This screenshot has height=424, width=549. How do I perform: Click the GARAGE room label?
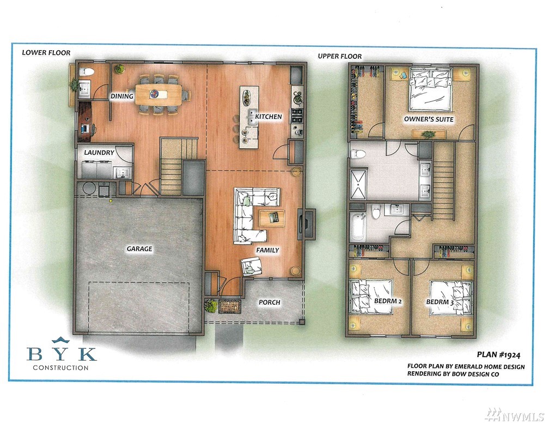(x=139, y=249)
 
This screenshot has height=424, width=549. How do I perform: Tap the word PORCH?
(x=269, y=302)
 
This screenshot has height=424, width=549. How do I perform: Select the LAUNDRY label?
(x=99, y=153)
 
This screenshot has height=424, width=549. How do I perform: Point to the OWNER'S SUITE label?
(x=429, y=119)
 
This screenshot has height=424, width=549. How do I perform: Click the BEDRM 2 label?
(x=388, y=301)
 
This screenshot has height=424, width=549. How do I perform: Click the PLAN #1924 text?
(x=498, y=355)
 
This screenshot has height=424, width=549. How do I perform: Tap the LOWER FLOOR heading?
(x=46, y=52)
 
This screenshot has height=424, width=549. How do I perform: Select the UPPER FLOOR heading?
(x=340, y=56)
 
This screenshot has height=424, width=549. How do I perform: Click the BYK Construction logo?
(x=61, y=354)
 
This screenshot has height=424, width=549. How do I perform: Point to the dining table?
(x=158, y=94)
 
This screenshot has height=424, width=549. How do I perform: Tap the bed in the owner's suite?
(x=430, y=89)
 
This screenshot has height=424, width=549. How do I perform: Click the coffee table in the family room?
(x=272, y=219)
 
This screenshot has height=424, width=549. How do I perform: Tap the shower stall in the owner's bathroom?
(x=359, y=184)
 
